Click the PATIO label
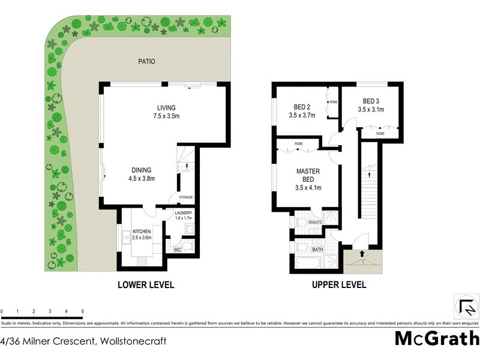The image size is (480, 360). click(147, 61)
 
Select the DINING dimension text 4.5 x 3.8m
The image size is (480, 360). click(142, 178)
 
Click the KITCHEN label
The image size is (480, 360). click(142, 231)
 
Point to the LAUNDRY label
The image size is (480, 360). click(182, 213)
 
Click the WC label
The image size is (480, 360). click(178, 250)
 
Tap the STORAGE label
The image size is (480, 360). click(185, 197)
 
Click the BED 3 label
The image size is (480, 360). click(371, 101)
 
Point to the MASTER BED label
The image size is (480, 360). click(308, 175)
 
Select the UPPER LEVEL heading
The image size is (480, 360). click(338, 286)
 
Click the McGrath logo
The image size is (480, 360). click(436, 338)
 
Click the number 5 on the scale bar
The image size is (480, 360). click(82, 311)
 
